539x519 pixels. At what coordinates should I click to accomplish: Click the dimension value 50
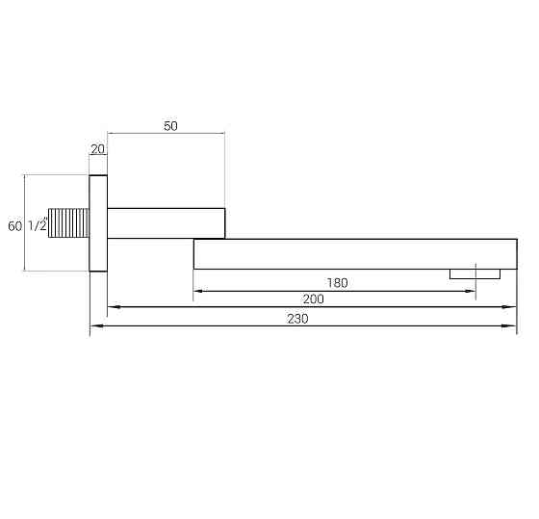coord(171,126)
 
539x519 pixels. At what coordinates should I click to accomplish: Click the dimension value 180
coord(337,283)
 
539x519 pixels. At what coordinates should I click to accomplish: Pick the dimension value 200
coord(312,299)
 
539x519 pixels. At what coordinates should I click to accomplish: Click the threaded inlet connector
coord(70,224)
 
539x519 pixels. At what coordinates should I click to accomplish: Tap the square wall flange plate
coord(98,223)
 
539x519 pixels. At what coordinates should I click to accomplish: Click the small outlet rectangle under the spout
coord(475,273)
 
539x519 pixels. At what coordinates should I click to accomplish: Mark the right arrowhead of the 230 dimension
coord(511,328)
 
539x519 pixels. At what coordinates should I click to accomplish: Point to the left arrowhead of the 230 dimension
coord(94,328)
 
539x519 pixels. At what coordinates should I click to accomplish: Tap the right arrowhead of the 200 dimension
coord(511,308)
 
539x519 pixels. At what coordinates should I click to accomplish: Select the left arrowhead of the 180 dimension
coord(198,291)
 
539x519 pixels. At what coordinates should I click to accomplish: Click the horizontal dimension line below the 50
coord(166,134)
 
